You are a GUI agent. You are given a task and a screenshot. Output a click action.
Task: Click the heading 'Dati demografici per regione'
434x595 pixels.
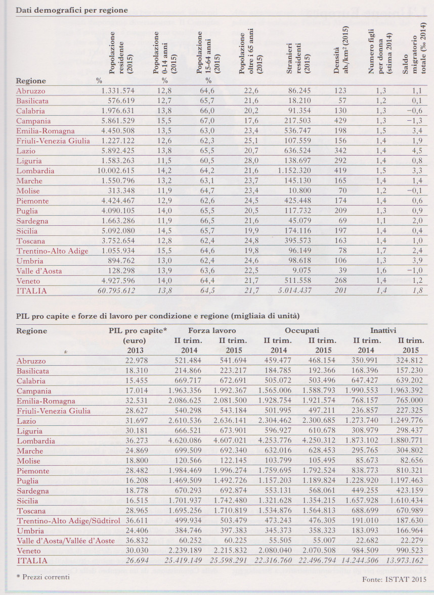click(71, 10)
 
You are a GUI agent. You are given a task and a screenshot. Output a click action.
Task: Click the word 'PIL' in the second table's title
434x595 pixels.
click(23, 316)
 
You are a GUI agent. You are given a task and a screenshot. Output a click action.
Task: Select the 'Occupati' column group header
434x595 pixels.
click(301, 331)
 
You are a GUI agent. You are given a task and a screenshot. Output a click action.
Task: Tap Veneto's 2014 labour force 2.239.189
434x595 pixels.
click(185, 551)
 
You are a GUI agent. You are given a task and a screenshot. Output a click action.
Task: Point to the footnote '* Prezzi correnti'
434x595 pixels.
click(42, 576)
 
